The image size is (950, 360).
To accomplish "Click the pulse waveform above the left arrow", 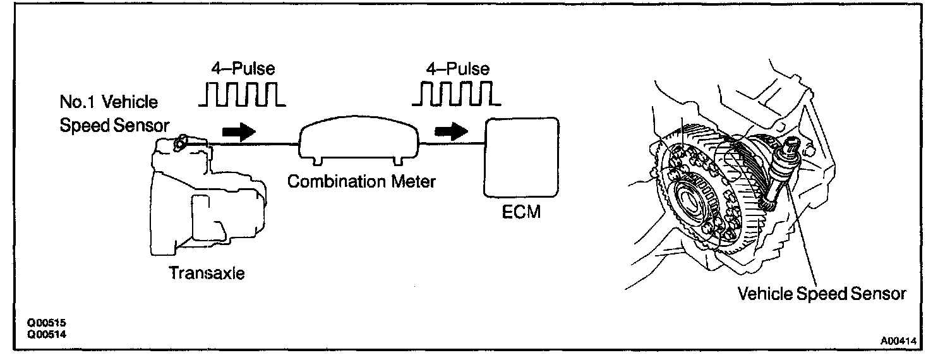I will (x=242, y=93).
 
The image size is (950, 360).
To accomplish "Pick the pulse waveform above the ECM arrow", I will (x=457, y=93).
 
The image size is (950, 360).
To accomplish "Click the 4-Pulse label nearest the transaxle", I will (x=243, y=68).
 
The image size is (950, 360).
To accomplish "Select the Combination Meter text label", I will (x=361, y=182).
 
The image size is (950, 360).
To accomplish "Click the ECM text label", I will (x=521, y=212).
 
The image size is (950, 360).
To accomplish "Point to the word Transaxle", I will (x=206, y=273).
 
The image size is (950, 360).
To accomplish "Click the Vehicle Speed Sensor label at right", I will (x=822, y=294).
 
